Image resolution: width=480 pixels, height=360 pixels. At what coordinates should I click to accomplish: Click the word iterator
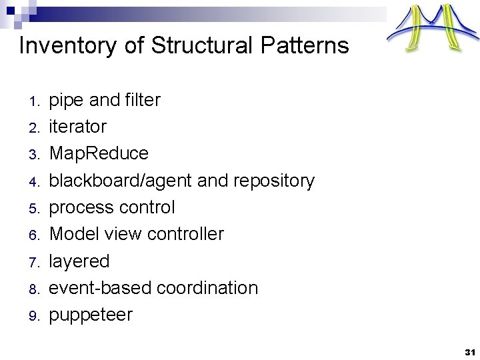click(78, 127)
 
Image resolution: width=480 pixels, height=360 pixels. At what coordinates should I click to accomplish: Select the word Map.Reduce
click(99, 153)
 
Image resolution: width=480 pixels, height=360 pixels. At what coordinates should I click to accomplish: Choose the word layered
click(79, 261)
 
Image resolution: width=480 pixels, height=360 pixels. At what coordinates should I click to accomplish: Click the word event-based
click(100, 288)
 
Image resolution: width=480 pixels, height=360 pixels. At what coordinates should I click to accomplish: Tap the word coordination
click(207, 288)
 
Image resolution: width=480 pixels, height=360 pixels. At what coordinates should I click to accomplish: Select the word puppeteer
click(91, 315)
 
